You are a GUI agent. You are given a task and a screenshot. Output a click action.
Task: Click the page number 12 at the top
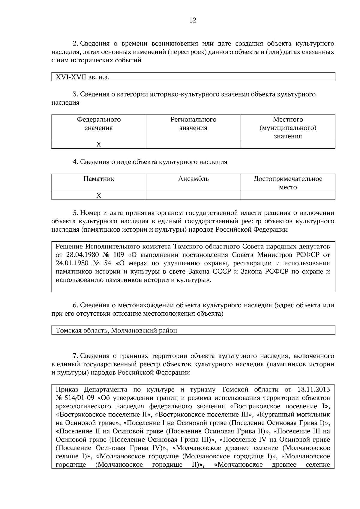193,20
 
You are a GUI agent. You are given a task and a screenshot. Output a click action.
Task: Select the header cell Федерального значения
99,124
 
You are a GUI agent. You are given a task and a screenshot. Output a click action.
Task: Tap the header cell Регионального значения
193,124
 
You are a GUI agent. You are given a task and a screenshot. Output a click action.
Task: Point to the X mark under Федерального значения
99,144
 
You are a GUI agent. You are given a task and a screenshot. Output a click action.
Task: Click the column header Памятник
99,179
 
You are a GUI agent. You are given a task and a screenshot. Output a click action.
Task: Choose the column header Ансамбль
193,179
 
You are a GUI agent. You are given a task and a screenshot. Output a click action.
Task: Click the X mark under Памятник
99,196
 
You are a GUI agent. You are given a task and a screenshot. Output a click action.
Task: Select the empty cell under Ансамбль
193,196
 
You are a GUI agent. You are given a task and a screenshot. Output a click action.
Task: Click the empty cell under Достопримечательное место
288,196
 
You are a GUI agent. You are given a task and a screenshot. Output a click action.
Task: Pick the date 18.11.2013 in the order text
313,390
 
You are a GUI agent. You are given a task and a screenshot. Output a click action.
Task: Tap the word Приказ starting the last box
67,390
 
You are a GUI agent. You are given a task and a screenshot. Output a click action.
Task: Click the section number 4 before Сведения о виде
75,162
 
